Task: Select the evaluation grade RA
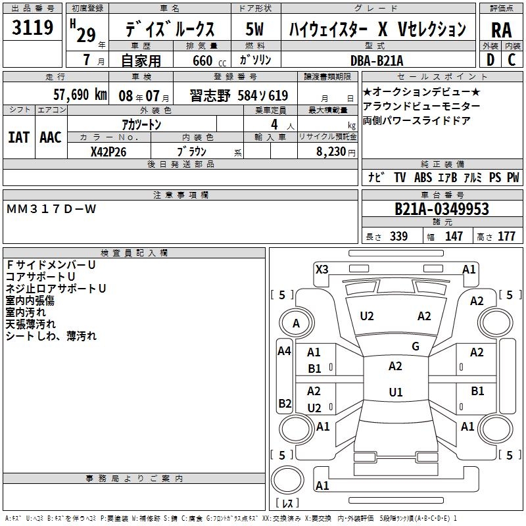501,30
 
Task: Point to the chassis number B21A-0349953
442,210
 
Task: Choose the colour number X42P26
108,151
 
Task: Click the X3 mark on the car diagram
322,269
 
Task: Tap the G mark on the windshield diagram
416,347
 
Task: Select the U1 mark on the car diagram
395,393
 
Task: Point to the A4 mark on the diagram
284,351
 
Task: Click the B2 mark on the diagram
285,403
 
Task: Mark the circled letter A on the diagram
296,323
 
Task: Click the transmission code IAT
18,137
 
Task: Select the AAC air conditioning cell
51,137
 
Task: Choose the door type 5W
255,30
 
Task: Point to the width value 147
454,237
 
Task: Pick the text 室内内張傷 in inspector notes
30,300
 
